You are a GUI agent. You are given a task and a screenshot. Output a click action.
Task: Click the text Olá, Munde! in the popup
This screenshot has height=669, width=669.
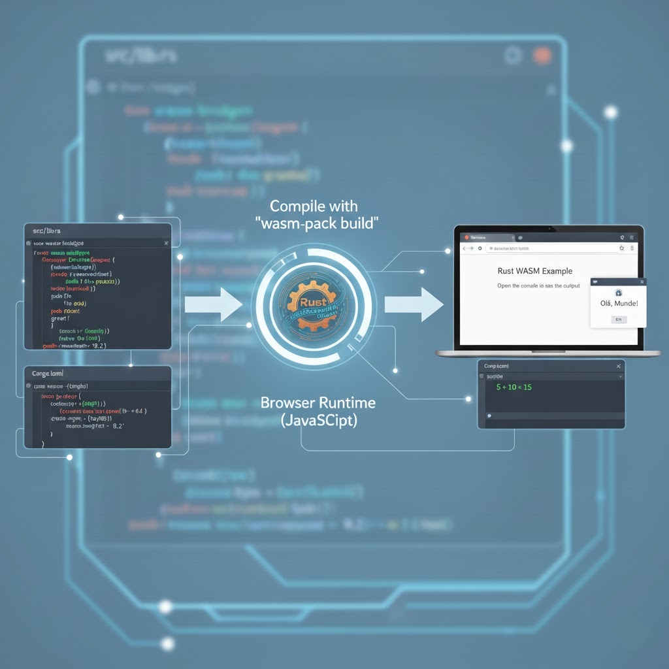(617, 303)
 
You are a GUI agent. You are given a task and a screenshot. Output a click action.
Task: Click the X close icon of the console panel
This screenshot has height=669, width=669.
(618, 367)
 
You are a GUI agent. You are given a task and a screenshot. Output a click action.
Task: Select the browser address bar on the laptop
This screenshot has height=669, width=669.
(549, 249)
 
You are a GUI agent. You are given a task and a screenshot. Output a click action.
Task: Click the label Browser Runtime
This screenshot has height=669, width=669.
(318, 402)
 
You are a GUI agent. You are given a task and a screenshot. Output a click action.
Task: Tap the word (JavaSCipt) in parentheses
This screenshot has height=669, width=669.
(319, 421)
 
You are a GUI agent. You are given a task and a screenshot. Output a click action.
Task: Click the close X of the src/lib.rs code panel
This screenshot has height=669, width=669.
(166, 243)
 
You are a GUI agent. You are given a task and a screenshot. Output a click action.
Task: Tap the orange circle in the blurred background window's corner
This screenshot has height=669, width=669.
(542, 56)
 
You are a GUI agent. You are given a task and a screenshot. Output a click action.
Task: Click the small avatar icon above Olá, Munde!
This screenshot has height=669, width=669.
(618, 293)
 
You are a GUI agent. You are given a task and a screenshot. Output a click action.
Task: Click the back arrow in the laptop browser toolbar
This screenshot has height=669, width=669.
(466, 249)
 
